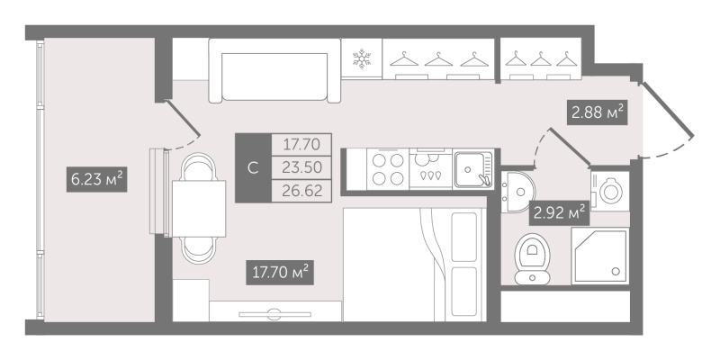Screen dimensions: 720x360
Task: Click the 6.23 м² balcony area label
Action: [x=97, y=179]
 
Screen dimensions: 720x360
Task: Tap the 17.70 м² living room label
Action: [x=280, y=273]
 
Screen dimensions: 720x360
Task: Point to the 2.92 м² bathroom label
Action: [x=559, y=213]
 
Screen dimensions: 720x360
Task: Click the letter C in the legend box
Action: [x=253, y=168]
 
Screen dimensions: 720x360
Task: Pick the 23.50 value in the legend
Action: [x=301, y=167]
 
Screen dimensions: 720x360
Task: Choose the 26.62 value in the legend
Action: [x=301, y=189]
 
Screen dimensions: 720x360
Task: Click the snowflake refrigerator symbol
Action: [x=362, y=59]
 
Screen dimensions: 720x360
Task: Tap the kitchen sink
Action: [x=473, y=169]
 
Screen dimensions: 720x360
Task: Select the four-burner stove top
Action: [x=388, y=169]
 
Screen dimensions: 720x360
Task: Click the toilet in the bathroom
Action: [x=532, y=259]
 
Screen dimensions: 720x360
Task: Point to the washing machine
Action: [x=610, y=192]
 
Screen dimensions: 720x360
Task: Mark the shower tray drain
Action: [x=616, y=272]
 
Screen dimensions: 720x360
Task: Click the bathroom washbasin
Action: [x=518, y=193]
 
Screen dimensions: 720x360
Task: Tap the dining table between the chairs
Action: [x=199, y=209]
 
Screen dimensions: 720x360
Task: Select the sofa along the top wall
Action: [x=274, y=71]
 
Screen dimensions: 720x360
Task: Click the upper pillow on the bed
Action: [x=463, y=237]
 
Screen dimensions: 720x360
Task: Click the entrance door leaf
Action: [x=668, y=109]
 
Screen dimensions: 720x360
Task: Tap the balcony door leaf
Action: [x=183, y=118]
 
